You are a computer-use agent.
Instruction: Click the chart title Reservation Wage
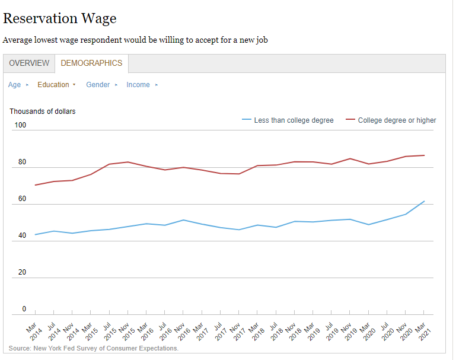pos(59,18)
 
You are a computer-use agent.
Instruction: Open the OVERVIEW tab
pos(29,63)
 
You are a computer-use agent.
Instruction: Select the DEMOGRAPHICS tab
pos(91,63)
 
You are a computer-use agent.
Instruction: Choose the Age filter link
pos(15,85)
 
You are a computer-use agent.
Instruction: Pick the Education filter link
pos(53,85)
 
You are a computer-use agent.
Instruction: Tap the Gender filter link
pos(98,85)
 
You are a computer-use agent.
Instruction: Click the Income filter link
pos(138,85)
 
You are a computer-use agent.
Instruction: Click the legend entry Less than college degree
pos(294,120)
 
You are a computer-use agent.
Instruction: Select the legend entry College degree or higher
pos(397,120)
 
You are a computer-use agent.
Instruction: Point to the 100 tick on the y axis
pos(21,125)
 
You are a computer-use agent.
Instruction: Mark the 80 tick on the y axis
pos(23,162)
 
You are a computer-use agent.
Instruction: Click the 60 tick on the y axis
pos(23,199)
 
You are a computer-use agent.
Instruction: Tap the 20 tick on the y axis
pos(23,272)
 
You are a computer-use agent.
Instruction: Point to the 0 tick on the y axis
pos(24,309)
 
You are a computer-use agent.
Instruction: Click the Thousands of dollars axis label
pos(43,111)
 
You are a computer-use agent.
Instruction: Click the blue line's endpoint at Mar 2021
pos(424,201)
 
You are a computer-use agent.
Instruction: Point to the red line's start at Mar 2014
pos(36,185)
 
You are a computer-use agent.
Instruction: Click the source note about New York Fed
pos(94,348)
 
